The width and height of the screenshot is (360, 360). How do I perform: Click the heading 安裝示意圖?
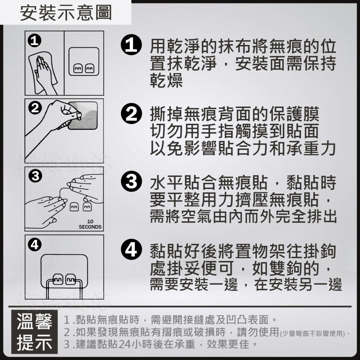click(x=66, y=13)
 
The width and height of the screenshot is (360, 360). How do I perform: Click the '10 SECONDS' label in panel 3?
click(x=90, y=224)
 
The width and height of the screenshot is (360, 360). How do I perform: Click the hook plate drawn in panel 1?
click(x=84, y=61)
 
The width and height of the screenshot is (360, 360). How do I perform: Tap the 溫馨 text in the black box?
click(x=35, y=322)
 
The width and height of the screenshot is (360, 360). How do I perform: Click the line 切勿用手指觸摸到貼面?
click(x=234, y=131)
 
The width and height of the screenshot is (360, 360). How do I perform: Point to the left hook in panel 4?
click(x=58, y=279)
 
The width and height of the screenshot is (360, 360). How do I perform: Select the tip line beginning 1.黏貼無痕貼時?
click(x=169, y=319)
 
